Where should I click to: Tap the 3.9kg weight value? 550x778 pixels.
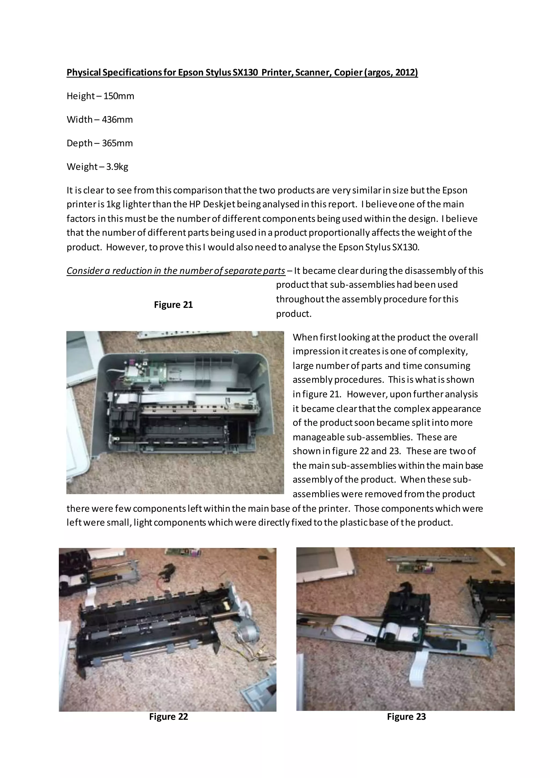[117, 167]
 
